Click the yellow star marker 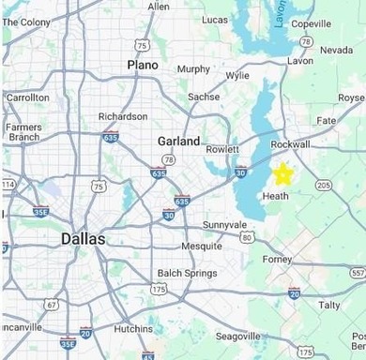282,174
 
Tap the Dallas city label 84,239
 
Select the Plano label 143,65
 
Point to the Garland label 178,142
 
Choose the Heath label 276,196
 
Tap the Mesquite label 201,246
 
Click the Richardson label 123,116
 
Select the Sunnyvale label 224,225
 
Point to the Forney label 278,260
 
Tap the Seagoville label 237,336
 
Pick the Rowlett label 223,148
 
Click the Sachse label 204,97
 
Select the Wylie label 238,75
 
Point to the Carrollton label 27,97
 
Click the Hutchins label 132,329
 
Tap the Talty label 329,305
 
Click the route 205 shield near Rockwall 324,185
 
